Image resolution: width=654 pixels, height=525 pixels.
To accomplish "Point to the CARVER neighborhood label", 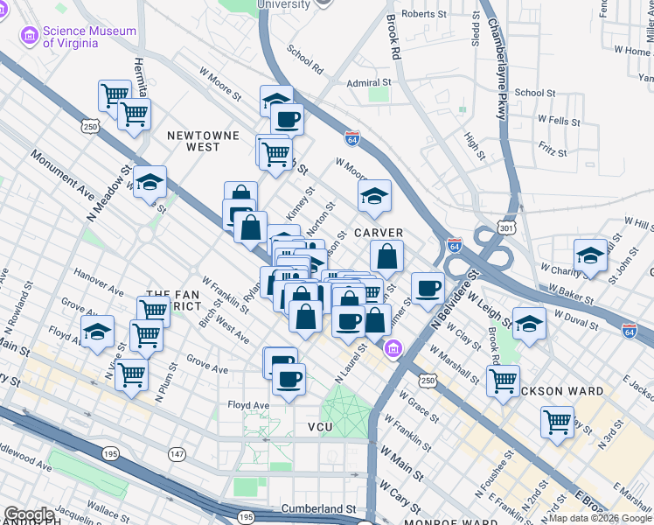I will click(378, 233).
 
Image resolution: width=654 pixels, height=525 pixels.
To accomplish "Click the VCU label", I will click(321, 426).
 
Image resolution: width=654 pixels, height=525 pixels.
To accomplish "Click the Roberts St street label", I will click(423, 14).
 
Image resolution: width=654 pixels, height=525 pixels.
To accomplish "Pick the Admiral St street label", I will click(367, 83).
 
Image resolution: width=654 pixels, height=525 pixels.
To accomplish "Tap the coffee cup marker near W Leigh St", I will click(428, 288).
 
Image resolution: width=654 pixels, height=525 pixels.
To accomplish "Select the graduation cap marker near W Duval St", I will click(529, 323).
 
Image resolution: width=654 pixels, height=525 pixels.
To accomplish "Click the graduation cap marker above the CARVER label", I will click(374, 196).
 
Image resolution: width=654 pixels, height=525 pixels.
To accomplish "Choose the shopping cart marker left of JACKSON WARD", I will click(503, 381).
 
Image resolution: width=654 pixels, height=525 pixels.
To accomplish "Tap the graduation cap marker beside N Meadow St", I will click(150, 182).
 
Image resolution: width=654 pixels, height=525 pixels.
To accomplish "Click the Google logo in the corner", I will click(29, 514).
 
